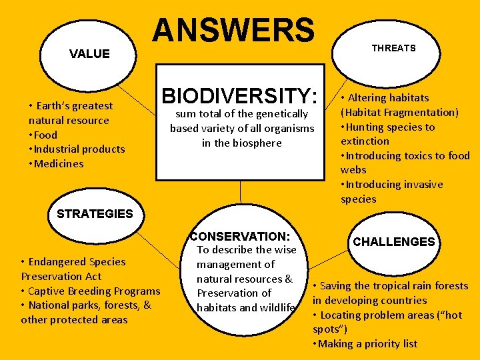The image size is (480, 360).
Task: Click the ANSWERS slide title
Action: [x=233, y=30]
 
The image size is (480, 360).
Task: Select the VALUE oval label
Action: [x=89, y=54]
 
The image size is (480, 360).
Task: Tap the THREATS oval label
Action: [x=393, y=48]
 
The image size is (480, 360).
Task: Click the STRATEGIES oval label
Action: [x=95, y=214]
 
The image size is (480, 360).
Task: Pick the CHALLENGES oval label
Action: [x=393, y=242]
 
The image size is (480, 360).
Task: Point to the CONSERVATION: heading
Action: [x=240, y=236]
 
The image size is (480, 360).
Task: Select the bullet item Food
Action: [x=45, y=135]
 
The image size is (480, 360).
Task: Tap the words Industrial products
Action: [x=79, y=149]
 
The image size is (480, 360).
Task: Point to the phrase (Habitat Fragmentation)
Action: [x=399, y=112]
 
